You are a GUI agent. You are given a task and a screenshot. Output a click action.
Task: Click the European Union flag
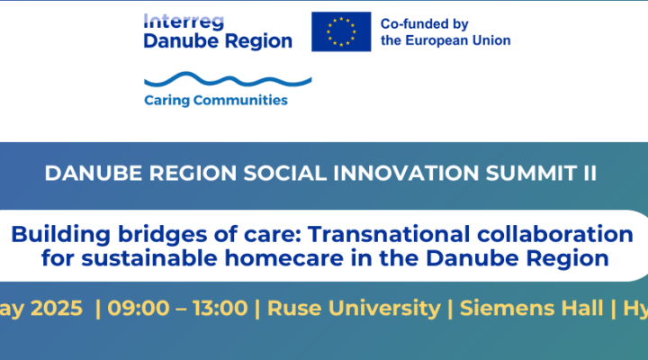341,31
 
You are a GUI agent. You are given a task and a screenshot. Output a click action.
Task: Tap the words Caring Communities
216,100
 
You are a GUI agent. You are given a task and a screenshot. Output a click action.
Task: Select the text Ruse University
354,307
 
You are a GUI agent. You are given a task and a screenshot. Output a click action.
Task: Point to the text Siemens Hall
530,307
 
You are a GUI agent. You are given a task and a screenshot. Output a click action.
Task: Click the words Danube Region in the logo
219,40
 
